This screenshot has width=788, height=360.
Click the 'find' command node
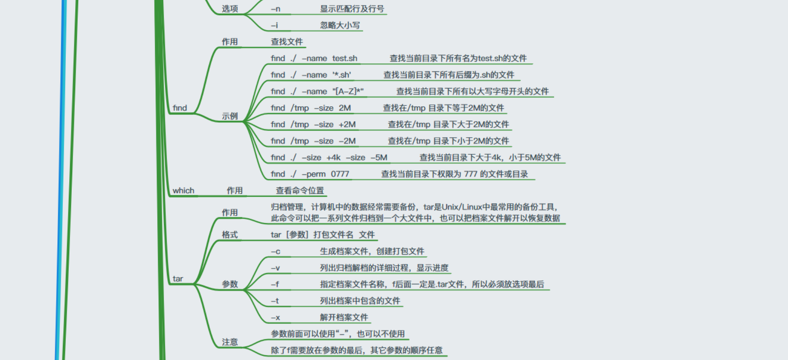click(180, 108)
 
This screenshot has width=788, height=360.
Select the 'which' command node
click(183, 190)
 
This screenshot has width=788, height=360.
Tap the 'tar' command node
click(178, 279)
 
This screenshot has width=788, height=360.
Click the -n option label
click(276, 9)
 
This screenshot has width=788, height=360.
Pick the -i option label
click(274, 26)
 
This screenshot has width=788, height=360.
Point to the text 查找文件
click(287, 42)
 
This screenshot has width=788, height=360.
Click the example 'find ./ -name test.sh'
click(314, 58)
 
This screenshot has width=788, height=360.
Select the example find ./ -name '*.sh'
click(311, 75)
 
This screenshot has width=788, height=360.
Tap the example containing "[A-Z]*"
click(317, 91)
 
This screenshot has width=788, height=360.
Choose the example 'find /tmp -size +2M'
click(313, 125)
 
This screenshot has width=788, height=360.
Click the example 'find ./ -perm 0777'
click(310, 174)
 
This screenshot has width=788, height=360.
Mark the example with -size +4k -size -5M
click(329, 157)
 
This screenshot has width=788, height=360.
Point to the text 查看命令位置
click(299, 190)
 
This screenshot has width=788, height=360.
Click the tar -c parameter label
click(276, 252)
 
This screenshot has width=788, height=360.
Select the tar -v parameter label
click(276, 268)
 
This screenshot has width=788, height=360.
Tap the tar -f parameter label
click(275, 284)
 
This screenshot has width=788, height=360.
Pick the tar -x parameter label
click(276, 317)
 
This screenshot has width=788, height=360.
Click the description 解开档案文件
click(344, 317)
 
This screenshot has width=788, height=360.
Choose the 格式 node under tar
click(229, 235)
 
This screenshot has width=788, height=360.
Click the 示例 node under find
click(229, 116)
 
